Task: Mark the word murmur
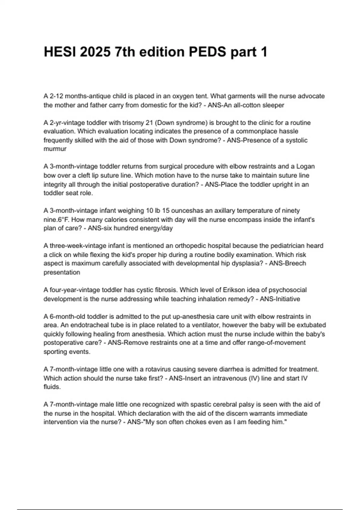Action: (x=55, y=149)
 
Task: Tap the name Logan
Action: (x=305, y=166)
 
